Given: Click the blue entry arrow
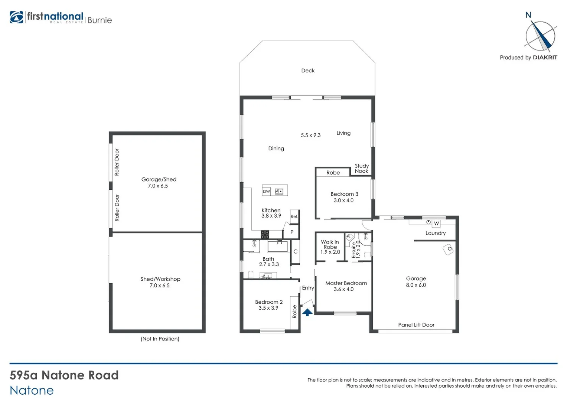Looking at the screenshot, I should (x=307, y=312).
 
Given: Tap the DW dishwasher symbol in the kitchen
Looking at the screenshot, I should (x=267, y=192).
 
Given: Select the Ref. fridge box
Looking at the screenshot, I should (x=294, y=216).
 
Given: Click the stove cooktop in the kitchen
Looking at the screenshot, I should (x=265, y=234).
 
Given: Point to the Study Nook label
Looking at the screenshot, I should (x=362, y=169).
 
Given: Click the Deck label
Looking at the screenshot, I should (x=308, y=71).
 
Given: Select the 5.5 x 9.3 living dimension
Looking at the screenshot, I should (x=311, y=135).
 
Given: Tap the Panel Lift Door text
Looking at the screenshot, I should (x=416, y=325).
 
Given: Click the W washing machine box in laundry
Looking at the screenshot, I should (x=436, y=224).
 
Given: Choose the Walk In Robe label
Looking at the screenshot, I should (x=330, y=244).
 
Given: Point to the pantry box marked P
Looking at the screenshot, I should (x=292, y=232).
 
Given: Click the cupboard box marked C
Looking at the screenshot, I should (x=296, y=252).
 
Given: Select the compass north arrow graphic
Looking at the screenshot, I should (x=541, y=36).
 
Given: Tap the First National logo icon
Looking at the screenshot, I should (x=16, y=17).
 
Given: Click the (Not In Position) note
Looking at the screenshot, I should (x=160, y=339).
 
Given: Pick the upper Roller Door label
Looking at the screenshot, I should (x=117, y=162).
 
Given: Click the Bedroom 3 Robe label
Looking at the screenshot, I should (x=333, y=173).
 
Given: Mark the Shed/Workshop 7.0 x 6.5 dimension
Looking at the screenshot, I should (x=160, y=286).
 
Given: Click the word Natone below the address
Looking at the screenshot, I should (x=32, y=391).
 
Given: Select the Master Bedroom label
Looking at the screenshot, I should (x=346, y=283).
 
